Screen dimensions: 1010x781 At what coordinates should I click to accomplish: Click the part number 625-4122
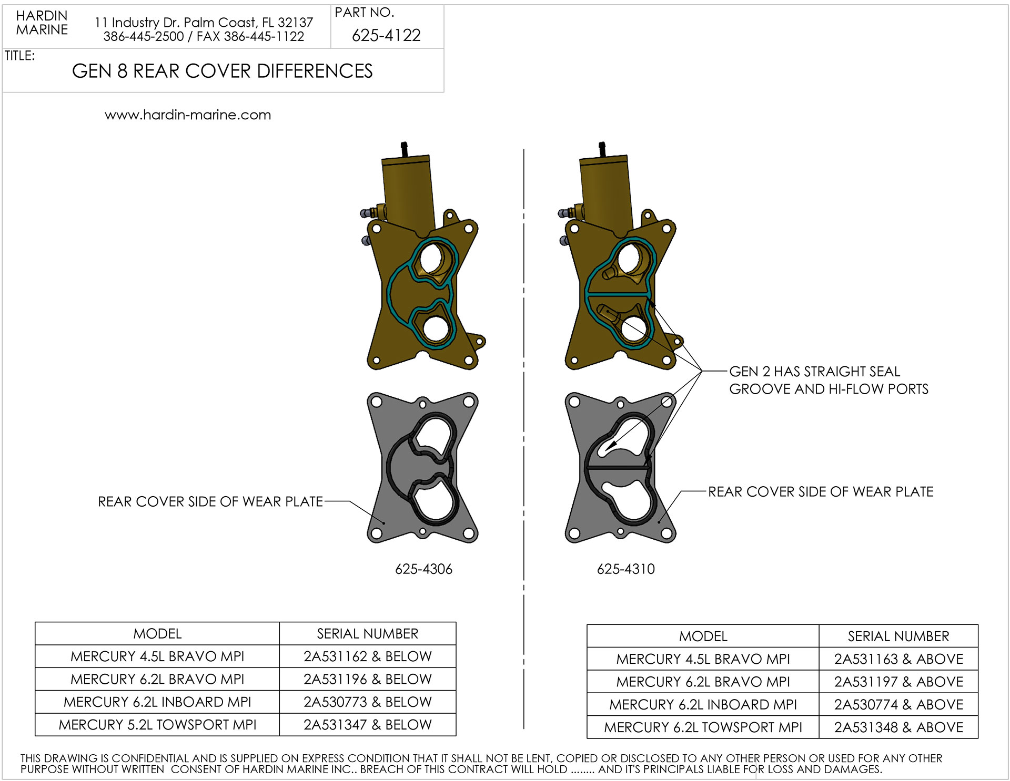(x=386, y=35)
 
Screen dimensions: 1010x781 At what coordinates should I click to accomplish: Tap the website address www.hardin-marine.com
(x=188, y=115)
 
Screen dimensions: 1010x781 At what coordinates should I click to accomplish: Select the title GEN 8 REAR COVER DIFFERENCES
(x=222, y=71)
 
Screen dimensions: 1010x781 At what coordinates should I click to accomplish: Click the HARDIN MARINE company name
(x=42, y=23)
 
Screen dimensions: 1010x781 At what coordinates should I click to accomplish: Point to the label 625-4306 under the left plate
(x=423, y=569)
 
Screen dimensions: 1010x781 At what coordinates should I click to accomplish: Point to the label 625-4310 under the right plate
(x=625, y=569)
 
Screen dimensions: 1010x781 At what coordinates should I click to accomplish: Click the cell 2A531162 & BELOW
(x=368, y=656)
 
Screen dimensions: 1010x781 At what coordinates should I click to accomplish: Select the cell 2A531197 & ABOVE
(x=898, y=682)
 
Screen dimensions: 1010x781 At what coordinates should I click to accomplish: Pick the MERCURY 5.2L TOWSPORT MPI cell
(x=157, y=725)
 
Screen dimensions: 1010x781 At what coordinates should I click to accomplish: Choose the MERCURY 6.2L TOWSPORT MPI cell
(x=703, y=727)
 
